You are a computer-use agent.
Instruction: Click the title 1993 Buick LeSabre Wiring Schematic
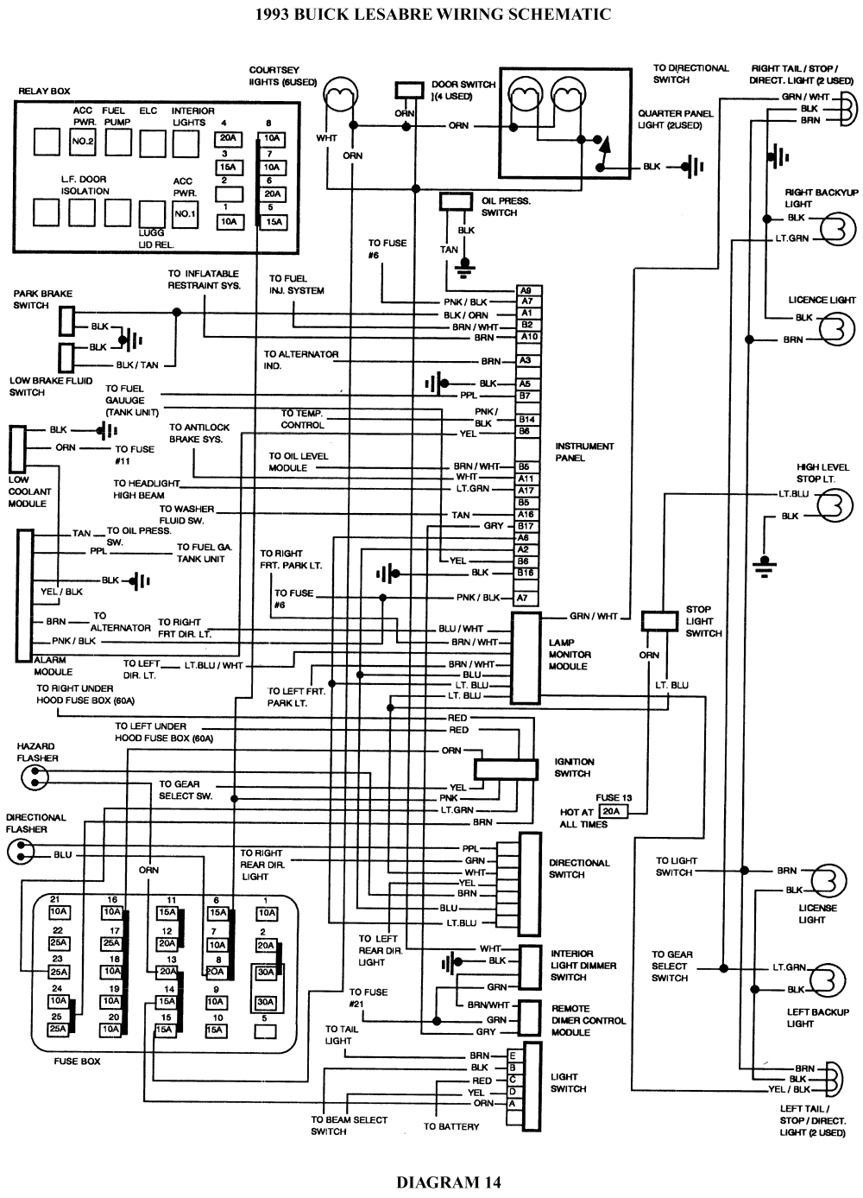click(434, 15)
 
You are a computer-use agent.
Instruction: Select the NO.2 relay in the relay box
click(82, 141)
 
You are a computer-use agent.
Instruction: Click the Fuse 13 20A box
click(611, 812)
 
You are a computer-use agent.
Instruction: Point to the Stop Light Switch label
click(703, 621)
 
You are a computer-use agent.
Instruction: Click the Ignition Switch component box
click(506, 769)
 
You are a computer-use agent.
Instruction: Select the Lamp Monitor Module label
click(569, 655)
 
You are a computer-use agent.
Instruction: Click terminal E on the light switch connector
click(513, 1055)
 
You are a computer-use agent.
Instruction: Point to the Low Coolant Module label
click(29, 491)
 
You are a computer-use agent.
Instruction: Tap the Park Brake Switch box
click(66, 322)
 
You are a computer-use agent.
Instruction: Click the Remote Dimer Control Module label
click(588, 1020)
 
